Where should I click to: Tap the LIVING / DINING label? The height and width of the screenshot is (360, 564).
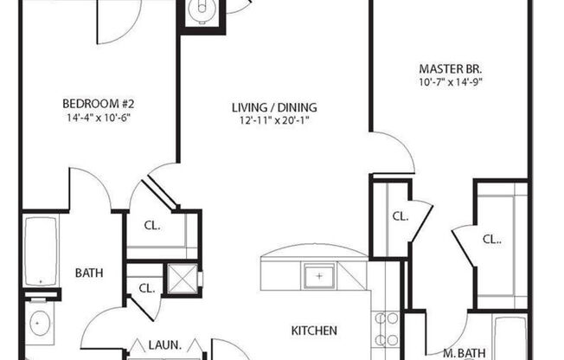click(274, 108)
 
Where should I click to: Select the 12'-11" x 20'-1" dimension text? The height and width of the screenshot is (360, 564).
click(274, 121)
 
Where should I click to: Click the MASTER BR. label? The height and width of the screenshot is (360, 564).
click(450, 67)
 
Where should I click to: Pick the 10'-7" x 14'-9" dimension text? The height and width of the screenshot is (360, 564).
click(450, 82)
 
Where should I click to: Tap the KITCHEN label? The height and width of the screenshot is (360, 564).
click(313, 331)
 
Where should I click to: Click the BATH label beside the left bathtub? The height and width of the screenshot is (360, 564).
click(88, 273)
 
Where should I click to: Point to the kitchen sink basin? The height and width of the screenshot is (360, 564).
click(319, 277)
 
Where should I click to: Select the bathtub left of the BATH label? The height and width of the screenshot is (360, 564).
click(41, 251)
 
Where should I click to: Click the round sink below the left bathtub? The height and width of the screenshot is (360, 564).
click(41, 324)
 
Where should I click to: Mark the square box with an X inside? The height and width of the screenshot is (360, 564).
click(183, 278)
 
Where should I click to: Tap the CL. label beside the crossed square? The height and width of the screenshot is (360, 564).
click(146, 287)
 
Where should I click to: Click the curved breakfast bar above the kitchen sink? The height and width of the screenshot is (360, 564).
click(316, 253)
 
